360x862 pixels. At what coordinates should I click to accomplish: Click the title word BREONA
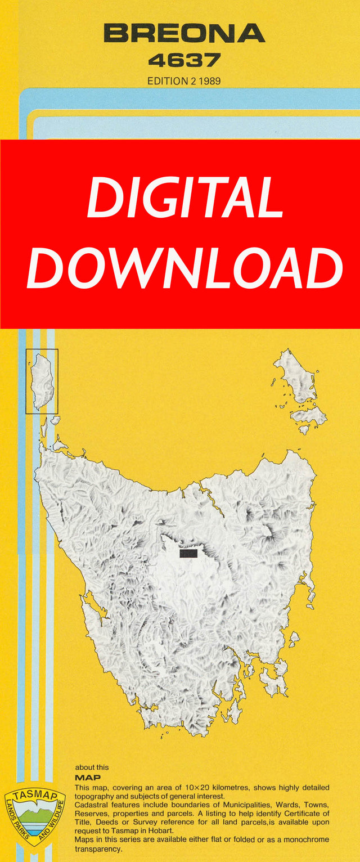[x=184, y=34]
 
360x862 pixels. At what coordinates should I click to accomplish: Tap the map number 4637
[x=184, y=60]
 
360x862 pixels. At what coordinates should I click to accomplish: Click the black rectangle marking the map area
[x=188, y=554]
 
